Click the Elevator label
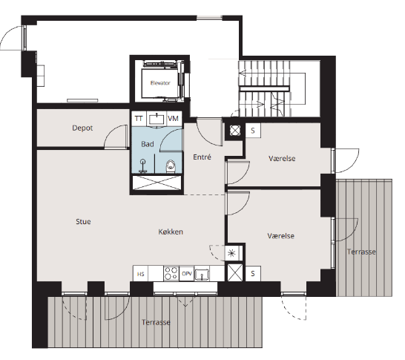click(160, 83)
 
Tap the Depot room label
click(82, 128)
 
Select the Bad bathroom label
click(148, 144)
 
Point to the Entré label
click(202, 157)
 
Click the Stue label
click(83, 221)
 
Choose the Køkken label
click(171, 232)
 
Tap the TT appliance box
click(139, 119)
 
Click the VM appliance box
click(173, 119)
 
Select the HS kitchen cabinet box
click(140, 274)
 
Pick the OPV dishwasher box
click(187, 274)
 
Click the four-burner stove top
click(171, 274)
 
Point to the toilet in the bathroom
click(171, 166)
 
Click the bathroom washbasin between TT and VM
click(157, 120)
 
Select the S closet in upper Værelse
click(253, 131)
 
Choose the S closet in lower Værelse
click(253, 273)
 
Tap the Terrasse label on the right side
click(361, 252)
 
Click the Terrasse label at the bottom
click(156, 322)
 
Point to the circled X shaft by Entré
click(235, 131)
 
